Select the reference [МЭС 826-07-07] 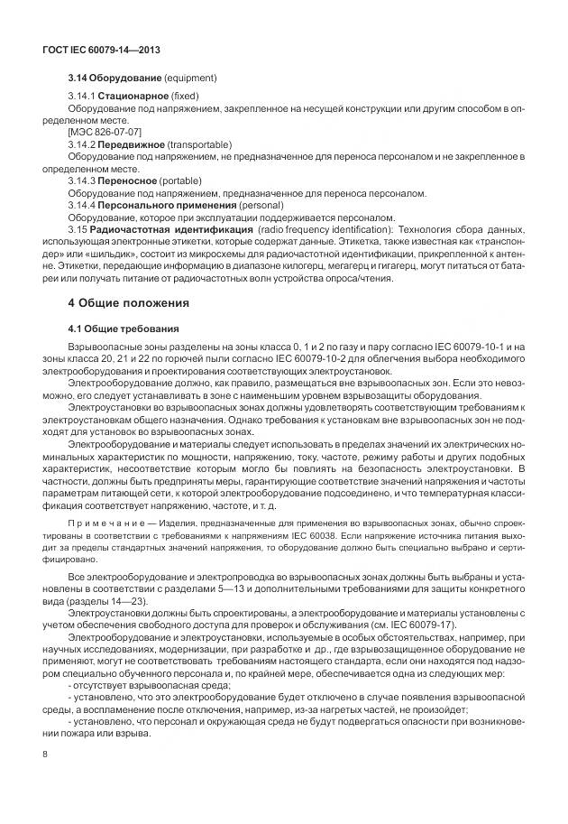pyautogui.click(x=105, y=133)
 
